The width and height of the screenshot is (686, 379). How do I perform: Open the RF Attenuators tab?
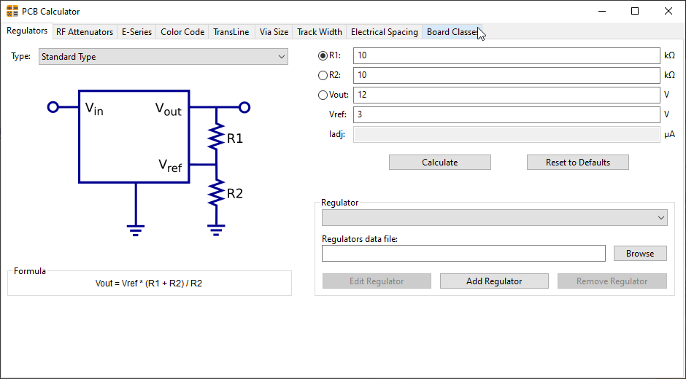(85, 32)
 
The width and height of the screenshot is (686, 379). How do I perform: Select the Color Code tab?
(182, 32)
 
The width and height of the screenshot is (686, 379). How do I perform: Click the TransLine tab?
(231, 32)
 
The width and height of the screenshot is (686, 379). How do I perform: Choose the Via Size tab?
(274, 32)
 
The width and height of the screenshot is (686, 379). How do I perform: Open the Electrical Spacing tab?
(384, 32)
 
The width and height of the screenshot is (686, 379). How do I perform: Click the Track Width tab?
(319, 32)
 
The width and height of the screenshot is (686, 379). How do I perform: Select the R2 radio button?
(323, 75)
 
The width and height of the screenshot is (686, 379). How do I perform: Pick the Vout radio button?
(323, 95)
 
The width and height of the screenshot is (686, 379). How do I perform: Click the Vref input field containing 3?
(506, 115)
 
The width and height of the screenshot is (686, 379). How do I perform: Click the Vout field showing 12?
(506, 95)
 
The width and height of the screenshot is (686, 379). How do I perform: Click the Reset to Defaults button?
(577, 163)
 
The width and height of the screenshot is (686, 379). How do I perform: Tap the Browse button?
(639, 254)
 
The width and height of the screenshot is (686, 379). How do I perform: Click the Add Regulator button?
(493, 281)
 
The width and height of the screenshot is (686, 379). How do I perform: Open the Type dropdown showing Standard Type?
(163, 57)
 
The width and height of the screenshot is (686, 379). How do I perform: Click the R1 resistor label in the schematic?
(234, 138)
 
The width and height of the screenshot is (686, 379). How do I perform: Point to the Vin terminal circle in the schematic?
(53, 107)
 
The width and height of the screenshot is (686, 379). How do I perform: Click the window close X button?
(668, 11)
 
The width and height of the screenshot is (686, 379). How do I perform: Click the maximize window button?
(635, 11)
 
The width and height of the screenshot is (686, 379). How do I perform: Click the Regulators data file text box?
(463, 254)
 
